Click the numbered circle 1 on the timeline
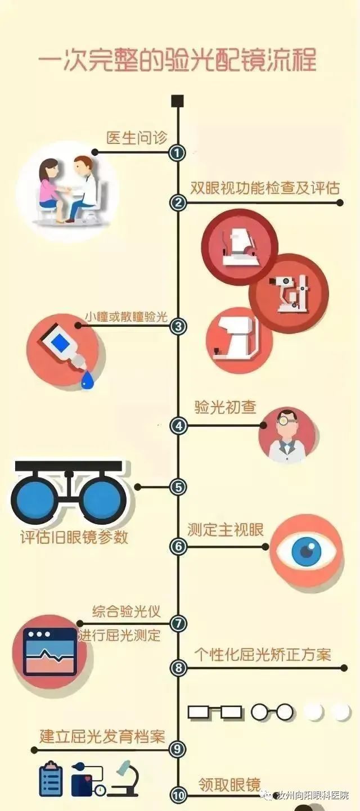pyautogui.click(x=177, y=152)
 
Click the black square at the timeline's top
pyautogui.click(x=177, y=101)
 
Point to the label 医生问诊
pyautogui.click(x=137, y=138)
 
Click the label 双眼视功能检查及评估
pyautogui.click(x=265, y=188)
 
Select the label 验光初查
pyautogui.click(x=225, y=407)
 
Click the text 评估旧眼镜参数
pyautogui.click(x=74, y=537)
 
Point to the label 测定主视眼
pyautogui.click(x=225, y=530)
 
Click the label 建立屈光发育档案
pyautogui.click(x=102, y=736)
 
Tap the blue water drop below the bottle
pyautogui.click(x=87, y=381)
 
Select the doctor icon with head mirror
pyautogui.click(x=287, y=435)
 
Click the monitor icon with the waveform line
pyautogui.click(x=49, y=651)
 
